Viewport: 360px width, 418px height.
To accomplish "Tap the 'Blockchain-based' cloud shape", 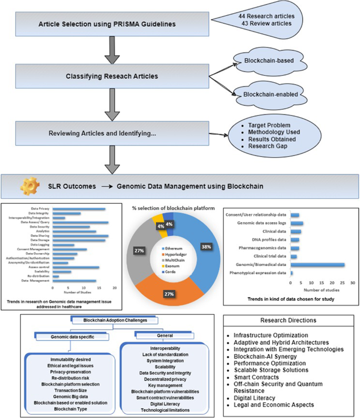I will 268,61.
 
